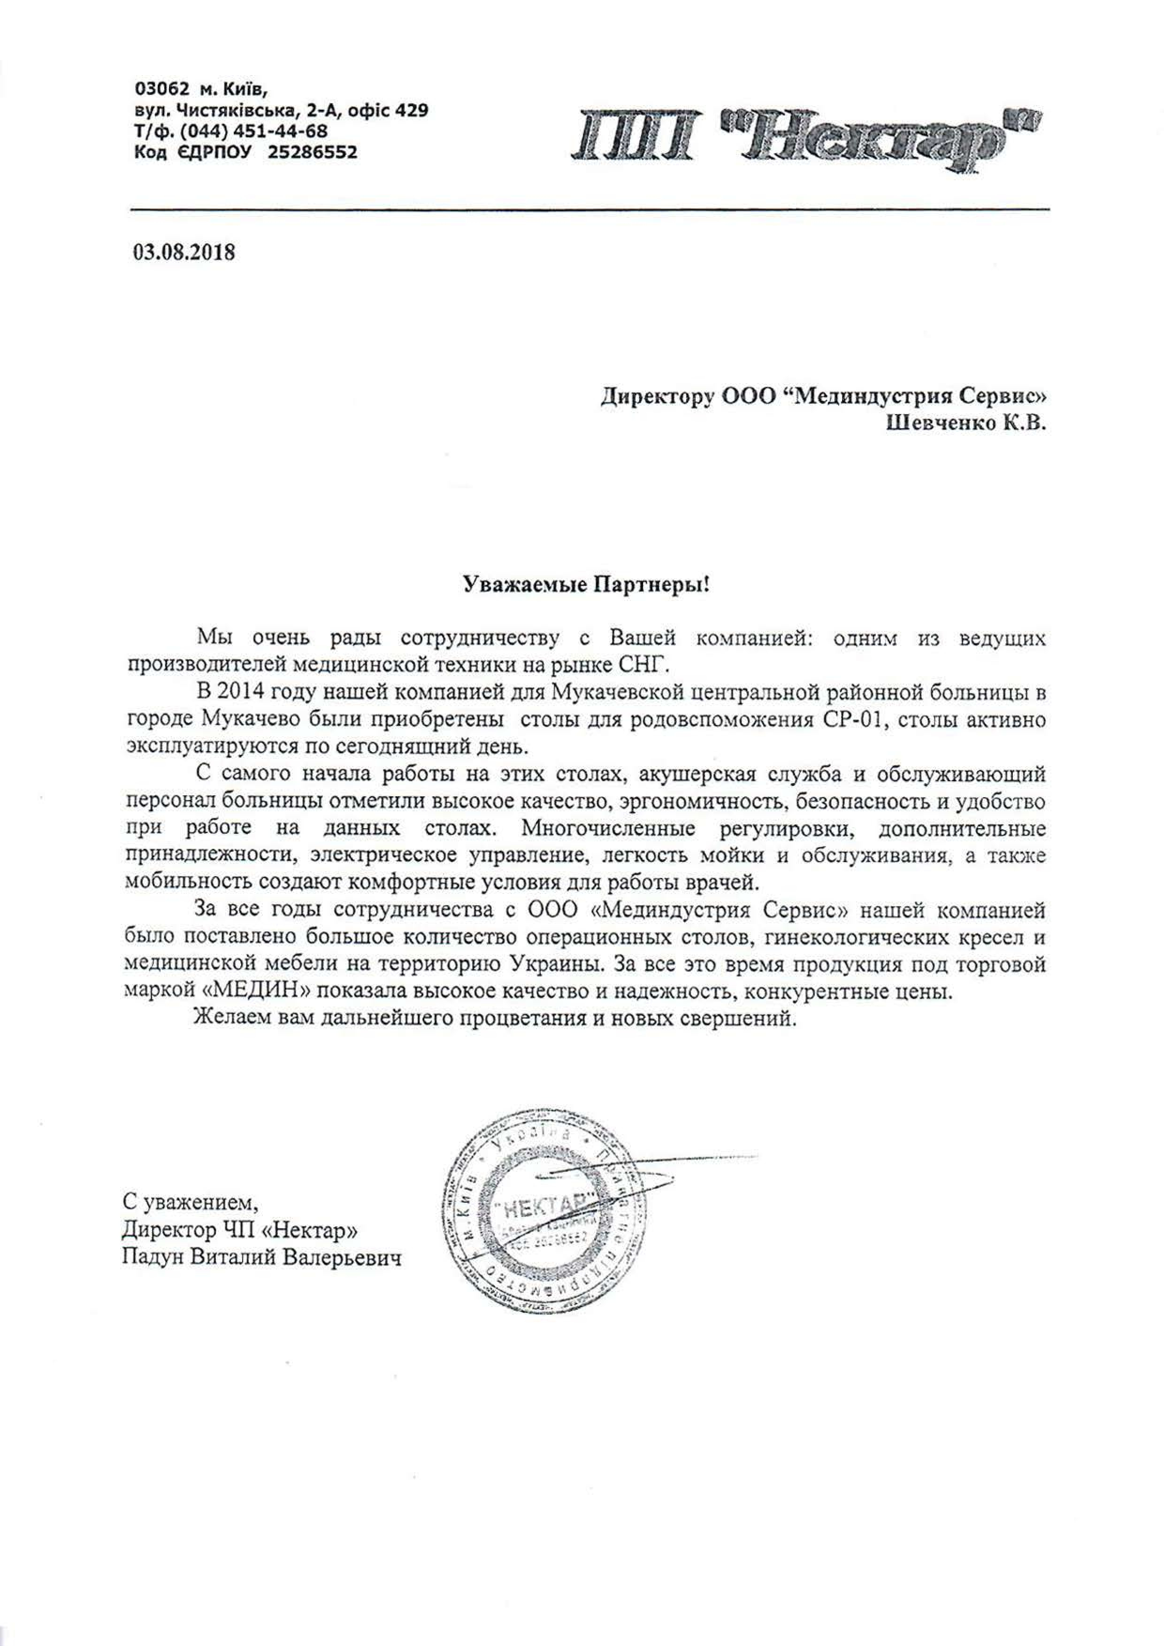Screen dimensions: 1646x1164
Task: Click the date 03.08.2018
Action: tap(184, 253)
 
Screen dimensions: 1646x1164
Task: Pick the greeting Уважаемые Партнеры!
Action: tap(584, 585)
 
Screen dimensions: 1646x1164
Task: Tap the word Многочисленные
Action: tap(608, 829)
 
